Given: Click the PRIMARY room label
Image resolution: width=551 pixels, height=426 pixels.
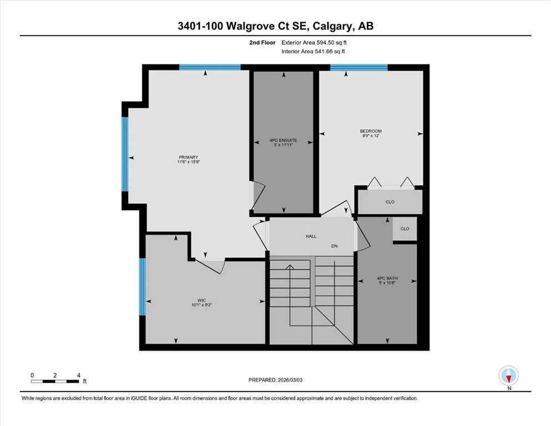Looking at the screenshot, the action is [x=188, y=158].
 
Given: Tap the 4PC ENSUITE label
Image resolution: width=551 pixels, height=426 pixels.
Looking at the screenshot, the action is [x=283, y=140].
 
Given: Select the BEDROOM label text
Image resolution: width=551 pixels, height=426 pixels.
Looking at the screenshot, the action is [x=371, y=131].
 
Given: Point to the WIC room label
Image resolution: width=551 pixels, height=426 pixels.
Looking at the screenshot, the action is [x=202, y=300].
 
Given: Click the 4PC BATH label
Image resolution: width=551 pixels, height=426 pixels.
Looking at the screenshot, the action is [x=387, y=278].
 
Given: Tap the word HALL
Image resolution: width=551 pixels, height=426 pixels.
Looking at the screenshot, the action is [x=311, y=236].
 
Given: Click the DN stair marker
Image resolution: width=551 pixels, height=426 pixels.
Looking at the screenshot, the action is [x=334, y=246].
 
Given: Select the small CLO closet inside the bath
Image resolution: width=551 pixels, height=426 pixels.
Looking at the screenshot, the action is [x=405, y=229].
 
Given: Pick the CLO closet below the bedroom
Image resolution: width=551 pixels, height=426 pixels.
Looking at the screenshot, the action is [x=390, y=202].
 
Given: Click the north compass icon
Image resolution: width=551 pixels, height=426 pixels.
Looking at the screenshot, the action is [x=508, y=376].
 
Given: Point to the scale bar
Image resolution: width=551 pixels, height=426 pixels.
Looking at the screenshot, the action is [x=55, y=381].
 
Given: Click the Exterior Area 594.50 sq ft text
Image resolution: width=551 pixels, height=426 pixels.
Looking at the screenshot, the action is [x=314, y=43].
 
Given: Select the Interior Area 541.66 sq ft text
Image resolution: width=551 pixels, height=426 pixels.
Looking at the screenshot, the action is [x=313, y=51].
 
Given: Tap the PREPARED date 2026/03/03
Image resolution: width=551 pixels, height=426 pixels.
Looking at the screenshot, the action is [x=275, y=380].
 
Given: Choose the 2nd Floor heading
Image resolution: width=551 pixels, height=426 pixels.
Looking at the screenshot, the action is [x=262, y=43].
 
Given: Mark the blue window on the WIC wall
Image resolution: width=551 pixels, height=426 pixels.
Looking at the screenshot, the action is [x=142, y=287].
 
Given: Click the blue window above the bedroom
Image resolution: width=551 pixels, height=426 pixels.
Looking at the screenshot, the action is [x=359, y=68].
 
